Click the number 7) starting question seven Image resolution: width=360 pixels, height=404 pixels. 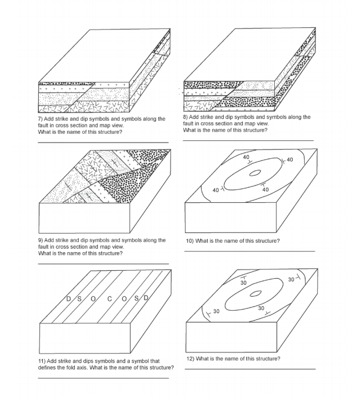click(x=41, y=119)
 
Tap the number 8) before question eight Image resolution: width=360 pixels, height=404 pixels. click(x=186, y=117)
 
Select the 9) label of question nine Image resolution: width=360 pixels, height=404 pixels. click(x=41, y=240)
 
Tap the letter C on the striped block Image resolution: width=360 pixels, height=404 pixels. click(x=110, y=299)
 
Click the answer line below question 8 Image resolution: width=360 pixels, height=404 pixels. click(x=248, y=140)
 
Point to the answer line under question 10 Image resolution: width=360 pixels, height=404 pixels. click(x=248, y=251)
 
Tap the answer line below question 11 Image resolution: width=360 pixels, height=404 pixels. click(x=103, y=378)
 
